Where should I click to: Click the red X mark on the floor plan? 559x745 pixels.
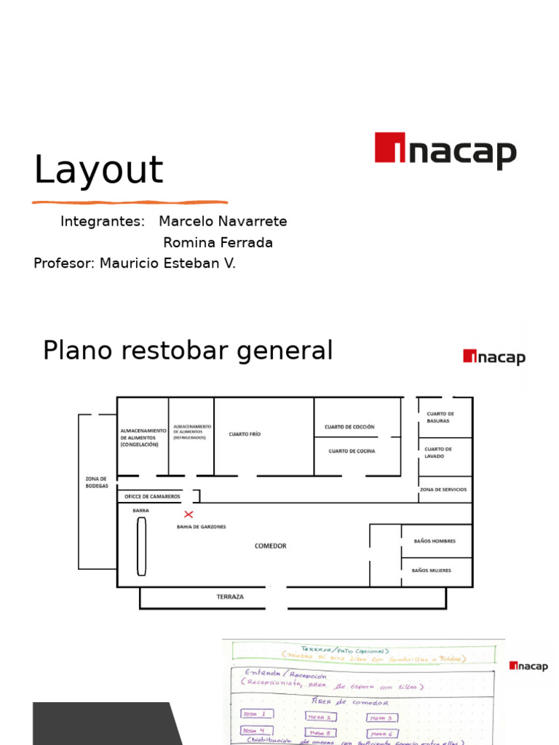point(189,514)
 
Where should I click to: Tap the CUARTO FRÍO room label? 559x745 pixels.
point(245,434)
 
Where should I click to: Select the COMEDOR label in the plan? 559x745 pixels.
point(270,546)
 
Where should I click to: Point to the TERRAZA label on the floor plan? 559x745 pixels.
point(230,597)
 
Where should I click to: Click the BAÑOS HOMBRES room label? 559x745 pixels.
point(435,541)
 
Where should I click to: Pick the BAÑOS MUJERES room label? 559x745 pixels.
point(432,570)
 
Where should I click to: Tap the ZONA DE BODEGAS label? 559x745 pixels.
point(97,482)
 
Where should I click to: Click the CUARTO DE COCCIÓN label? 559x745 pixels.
point(349,427)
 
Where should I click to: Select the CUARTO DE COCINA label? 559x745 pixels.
point(352,451)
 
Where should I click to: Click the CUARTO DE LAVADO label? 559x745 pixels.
point(438,453)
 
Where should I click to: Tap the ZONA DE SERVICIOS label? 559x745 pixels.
point(443,490)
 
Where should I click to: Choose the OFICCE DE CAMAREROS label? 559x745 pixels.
point(152,496)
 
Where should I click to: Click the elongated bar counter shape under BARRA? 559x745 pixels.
point(141,546)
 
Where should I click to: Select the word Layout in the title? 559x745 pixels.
point(98,170)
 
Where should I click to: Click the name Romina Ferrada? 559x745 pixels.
point(218,243)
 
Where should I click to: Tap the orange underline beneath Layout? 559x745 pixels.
point(130,202)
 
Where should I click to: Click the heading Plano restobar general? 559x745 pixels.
point(188,351)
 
